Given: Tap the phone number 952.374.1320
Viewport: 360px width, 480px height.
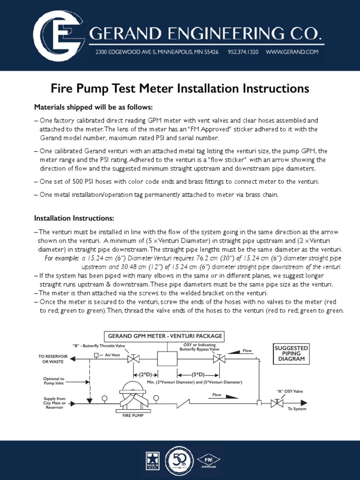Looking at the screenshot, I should (x=243, y=52).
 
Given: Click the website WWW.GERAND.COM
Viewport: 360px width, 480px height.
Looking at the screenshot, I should (x=292, y=52).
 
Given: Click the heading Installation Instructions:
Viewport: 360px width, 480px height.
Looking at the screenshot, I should (x=74, y=218).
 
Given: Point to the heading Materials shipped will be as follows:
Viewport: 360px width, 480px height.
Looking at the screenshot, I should (x=93, y=106).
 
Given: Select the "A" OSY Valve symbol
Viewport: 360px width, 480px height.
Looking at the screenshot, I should (x=277, y=402).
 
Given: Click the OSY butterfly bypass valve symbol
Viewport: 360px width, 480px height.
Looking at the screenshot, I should (x=218, y=360).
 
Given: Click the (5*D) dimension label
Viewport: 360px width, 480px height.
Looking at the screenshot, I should (x=197, y=375).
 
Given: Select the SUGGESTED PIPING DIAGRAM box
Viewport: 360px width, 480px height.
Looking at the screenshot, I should (x=291, y=353).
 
